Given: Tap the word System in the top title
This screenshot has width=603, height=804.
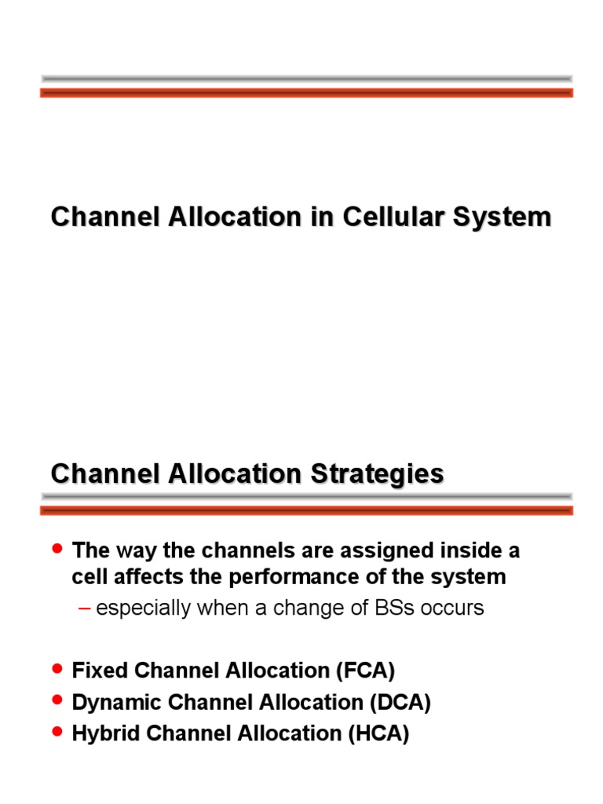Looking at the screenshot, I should click(504, 217).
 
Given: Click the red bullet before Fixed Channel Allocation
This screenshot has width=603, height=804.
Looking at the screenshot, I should click(56, 668).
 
